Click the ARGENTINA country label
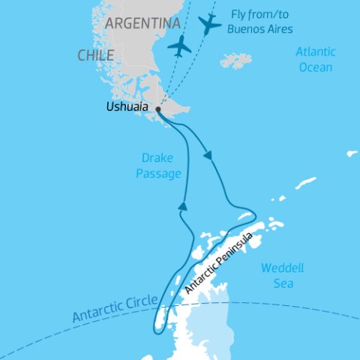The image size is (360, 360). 142,23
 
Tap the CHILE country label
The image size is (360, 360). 95,55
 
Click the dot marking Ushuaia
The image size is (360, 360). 158,109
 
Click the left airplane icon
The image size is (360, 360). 180,46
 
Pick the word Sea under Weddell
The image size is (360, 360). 283,284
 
